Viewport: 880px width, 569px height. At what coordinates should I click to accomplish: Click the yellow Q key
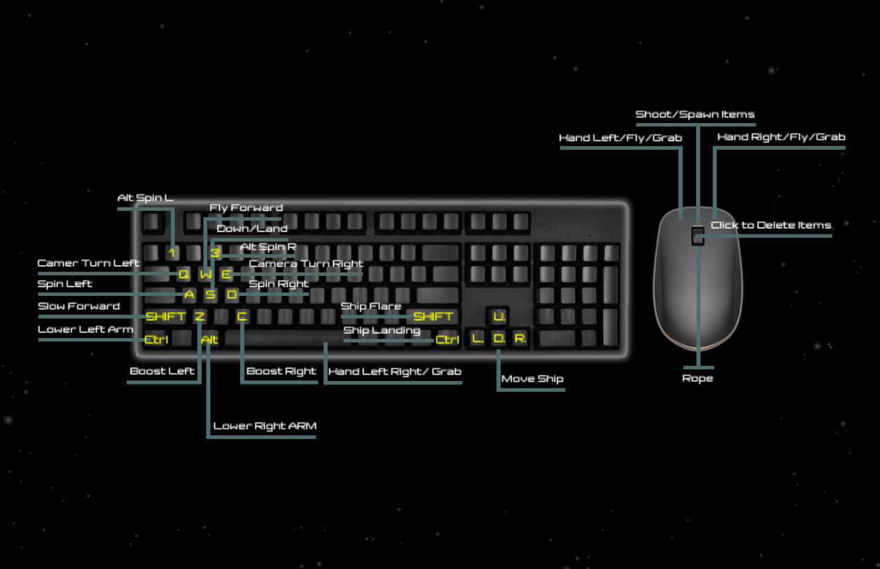point(183,274)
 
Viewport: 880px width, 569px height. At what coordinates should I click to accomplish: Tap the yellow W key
point(206,274)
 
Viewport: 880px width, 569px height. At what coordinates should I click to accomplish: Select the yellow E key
point(226,274)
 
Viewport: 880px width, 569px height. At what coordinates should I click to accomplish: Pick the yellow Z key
point(199,317)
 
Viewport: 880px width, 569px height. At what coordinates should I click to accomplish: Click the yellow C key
point(242,317)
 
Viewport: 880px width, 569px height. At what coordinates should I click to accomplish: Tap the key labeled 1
point(171,253)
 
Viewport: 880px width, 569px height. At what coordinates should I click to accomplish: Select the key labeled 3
point(215,253)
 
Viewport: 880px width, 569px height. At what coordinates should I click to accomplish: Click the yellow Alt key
point(209,339)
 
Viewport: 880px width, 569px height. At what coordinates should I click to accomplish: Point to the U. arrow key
point(499,317)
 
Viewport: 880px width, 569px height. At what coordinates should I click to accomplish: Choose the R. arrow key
point(520,339)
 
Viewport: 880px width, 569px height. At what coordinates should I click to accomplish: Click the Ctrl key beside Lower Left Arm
point(156,339)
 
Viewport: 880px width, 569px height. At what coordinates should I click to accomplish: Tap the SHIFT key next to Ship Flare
point(433,317)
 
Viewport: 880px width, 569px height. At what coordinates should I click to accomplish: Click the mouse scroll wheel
point(697,235)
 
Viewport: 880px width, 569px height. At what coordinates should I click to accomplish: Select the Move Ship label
point(532,379)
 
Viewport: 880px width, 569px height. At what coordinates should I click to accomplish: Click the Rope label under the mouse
point(697,379)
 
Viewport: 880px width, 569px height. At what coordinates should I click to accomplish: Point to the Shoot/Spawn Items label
point(695,114)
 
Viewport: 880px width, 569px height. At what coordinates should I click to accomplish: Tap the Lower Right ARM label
point(264,426)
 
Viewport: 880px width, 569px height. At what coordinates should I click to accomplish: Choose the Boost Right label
point(281,371)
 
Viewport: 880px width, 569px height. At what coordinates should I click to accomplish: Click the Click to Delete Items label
point(771,225)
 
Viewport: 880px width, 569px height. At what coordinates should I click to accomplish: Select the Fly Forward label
point(245,207)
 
